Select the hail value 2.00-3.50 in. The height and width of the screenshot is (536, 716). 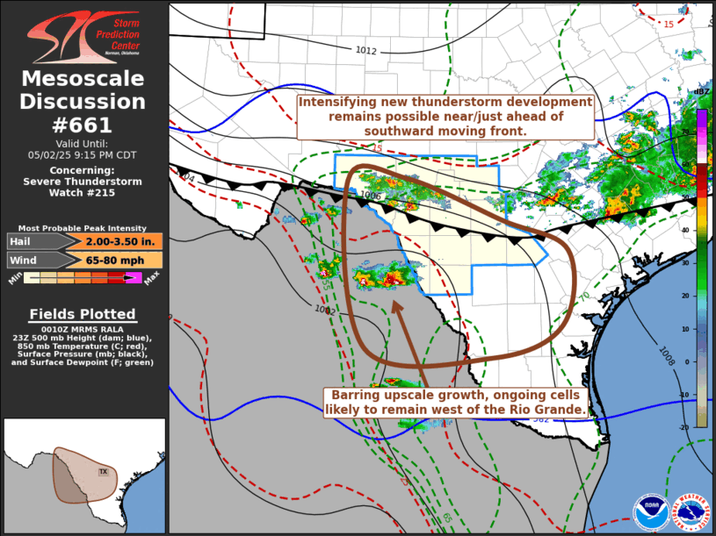point(123,241)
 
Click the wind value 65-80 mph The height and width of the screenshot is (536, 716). point(123,260)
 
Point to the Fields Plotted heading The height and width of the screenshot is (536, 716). point(83,314)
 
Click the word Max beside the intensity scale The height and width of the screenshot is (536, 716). point(152,279)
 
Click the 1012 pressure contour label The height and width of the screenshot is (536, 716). point(366,51)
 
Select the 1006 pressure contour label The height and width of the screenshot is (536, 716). point(371,197)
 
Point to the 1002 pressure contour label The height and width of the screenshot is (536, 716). point(325,309)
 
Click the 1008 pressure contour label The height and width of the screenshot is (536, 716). point(665,353)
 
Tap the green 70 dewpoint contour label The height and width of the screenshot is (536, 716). point(584,297)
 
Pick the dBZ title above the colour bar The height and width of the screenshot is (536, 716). point(701,91)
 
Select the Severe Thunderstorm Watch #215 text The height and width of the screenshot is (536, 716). point(83,182)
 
